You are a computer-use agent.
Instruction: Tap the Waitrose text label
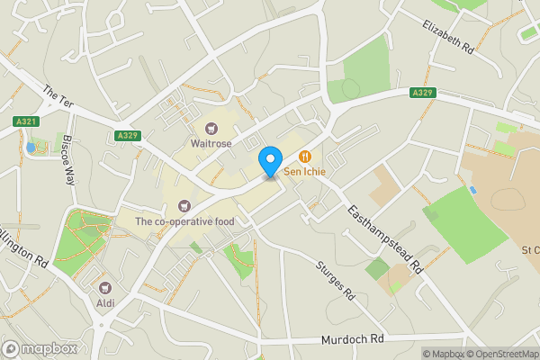click(x=212, y=143)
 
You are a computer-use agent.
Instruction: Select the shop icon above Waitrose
click(x=212, y=129)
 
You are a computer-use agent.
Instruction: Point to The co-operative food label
click(x=184, y=221)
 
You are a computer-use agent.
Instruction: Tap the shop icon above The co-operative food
click(x=184, y=207)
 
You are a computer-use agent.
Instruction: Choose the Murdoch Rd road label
click(x=352, y=340)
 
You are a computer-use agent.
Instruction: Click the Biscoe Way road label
click(x=67, y=159)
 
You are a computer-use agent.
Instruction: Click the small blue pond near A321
click(x=31, y=147)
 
